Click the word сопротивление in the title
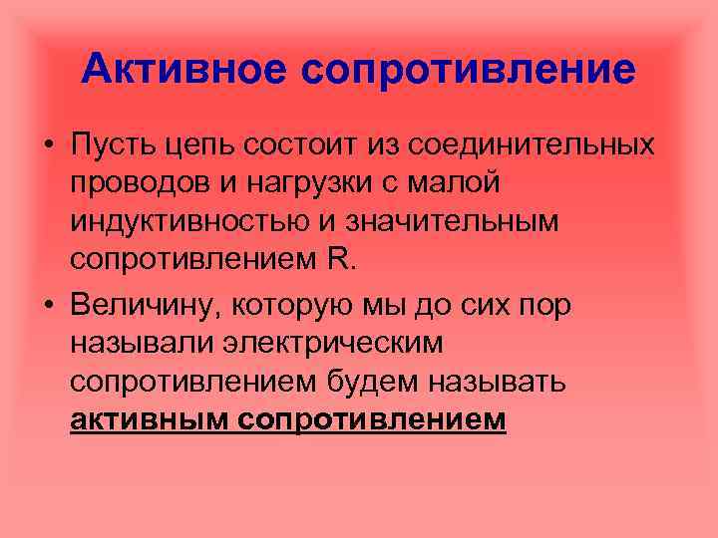coord(466,69)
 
